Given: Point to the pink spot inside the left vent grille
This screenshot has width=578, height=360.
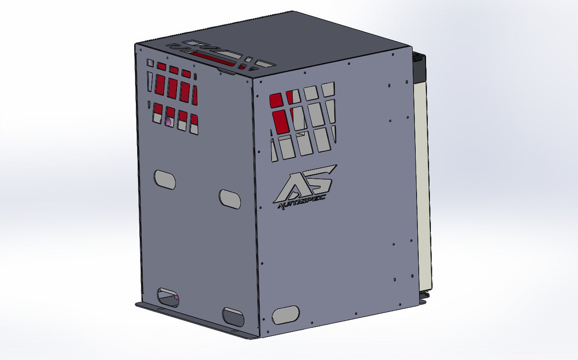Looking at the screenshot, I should point(168,122).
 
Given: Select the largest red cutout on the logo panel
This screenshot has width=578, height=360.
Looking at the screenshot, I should point(280,121).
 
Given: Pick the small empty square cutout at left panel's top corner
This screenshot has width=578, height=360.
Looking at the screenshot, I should point(150,63).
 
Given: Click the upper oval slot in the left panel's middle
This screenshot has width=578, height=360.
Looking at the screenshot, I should point(165,179).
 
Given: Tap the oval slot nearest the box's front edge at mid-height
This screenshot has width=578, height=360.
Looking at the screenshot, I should point(230,199).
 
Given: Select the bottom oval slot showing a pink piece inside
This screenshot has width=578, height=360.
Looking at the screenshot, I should point(168,297).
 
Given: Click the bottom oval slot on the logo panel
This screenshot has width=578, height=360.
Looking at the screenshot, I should point(286,315).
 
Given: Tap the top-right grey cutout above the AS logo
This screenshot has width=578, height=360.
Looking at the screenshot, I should point(328,89).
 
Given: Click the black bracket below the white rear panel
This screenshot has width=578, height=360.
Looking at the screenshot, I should point(423,297).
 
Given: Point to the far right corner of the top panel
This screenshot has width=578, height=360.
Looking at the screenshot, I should point(410,46).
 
